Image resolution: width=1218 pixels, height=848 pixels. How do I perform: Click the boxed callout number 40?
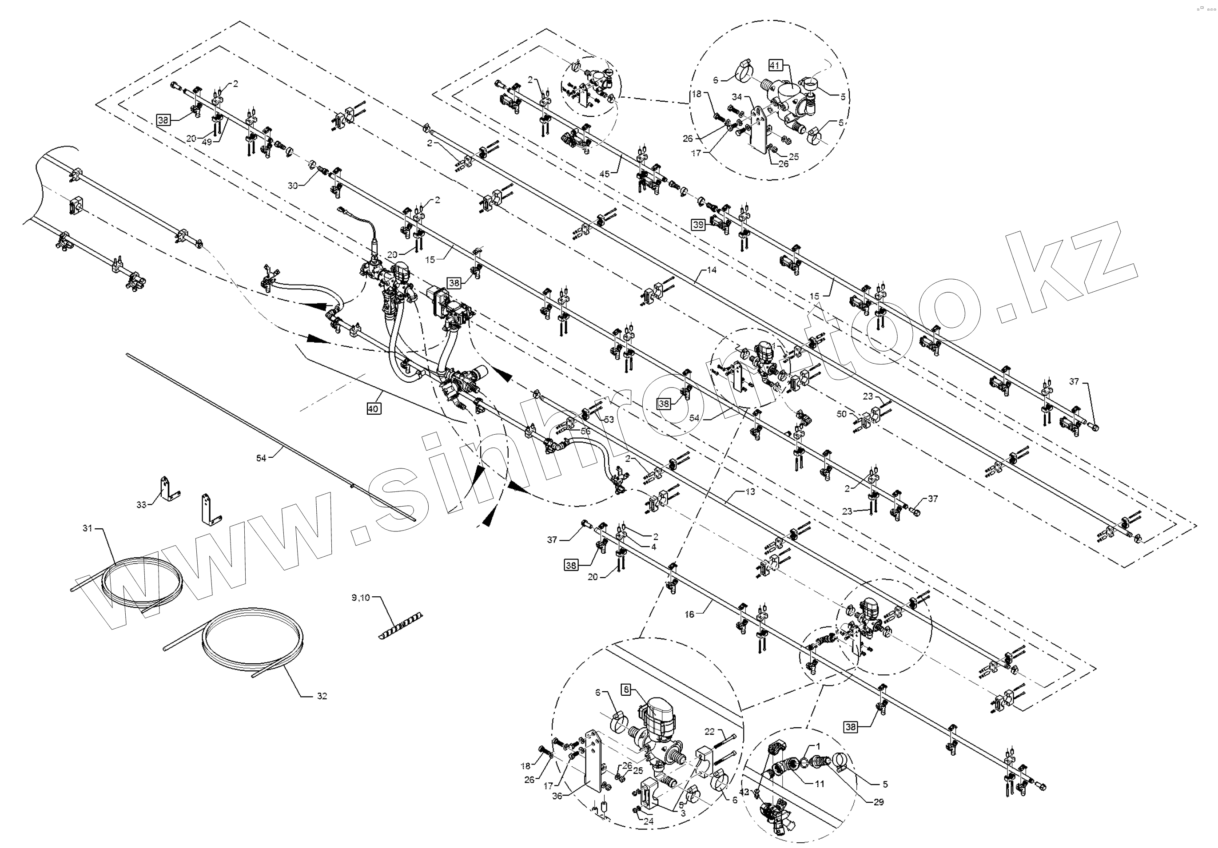[x=374, y=409]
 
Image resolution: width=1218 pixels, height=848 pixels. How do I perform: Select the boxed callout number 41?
[x=775, y=66]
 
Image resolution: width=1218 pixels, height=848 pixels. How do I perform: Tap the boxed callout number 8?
[x=626, y=690]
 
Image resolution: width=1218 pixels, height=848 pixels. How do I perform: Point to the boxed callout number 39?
[x=698, y=225]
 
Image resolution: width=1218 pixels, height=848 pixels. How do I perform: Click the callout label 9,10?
[x=361, y=598]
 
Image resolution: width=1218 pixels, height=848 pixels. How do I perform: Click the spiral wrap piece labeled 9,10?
[x=401, y=626]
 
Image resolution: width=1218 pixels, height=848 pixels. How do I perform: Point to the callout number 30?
[x=293, y=186]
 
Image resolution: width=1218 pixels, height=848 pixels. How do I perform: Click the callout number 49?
[x=207, y=142]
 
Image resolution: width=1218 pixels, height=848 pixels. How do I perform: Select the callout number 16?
[x=689, y=614]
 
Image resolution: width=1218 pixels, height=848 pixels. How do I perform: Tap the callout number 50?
[x=841, y=414]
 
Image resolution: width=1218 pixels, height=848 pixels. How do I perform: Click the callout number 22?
[x=709, y=732]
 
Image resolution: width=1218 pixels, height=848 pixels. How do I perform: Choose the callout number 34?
[x=737, y=97]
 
